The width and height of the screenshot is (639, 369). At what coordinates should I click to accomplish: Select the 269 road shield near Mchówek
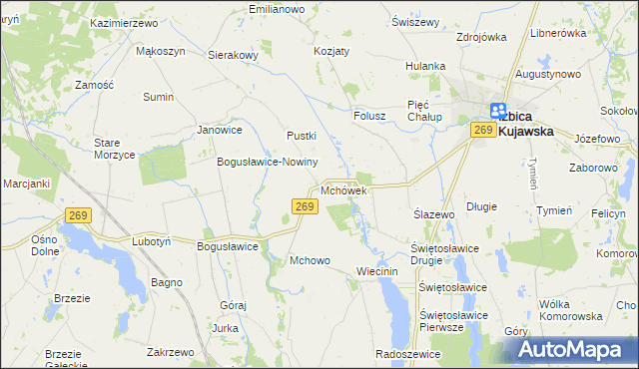[306, 206]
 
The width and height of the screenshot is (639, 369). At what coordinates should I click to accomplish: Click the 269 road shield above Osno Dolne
[80, 215]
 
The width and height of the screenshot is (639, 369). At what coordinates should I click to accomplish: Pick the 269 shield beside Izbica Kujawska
[484, 130]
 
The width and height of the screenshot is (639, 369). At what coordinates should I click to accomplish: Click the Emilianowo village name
[276, 9]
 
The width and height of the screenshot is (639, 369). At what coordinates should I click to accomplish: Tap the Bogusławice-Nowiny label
[267, 162]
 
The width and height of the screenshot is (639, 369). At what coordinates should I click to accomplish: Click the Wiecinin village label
[377, 271]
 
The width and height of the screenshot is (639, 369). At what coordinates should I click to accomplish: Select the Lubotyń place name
[152, 241]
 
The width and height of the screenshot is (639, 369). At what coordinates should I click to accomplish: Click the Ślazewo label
[434, 214]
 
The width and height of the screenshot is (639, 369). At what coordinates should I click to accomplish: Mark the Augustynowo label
[548, 75]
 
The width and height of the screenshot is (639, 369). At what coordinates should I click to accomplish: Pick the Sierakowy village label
[234, 56]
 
